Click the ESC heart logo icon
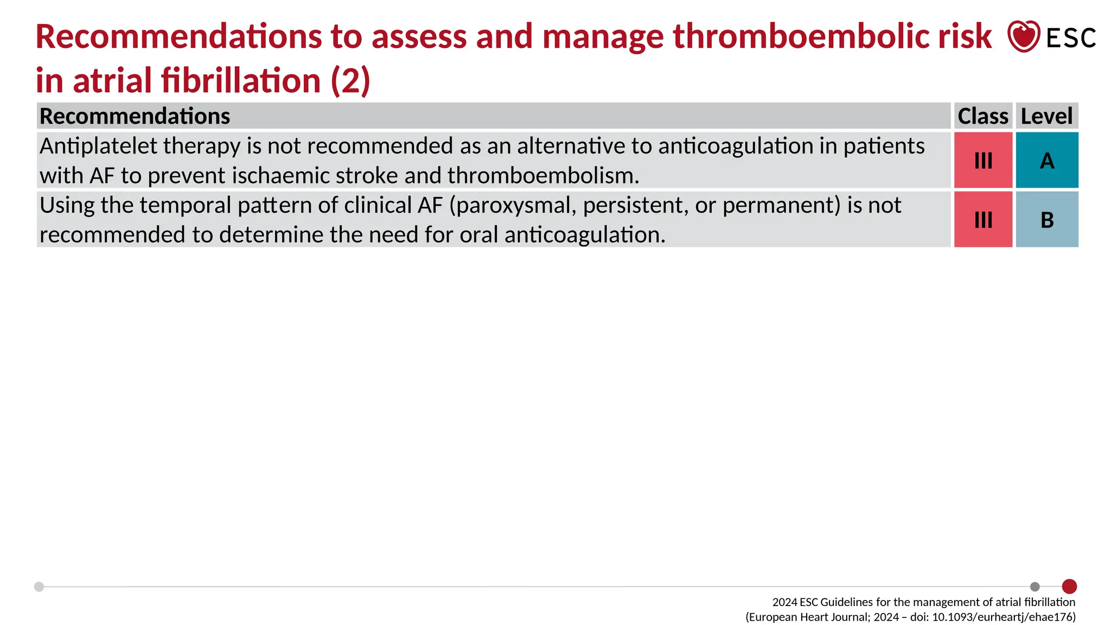[x=1023, y=36]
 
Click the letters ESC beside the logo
[x=1071, y=38]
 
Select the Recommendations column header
[x=135, y=116]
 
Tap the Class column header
[x=982, y=116]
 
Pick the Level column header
[x=1046, y=116]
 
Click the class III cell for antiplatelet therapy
[x=983, y=161]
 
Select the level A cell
[x=1047, y=161]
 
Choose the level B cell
[x=1047, y=220]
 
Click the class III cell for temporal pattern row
[x=983, y=220]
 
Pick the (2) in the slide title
[x=350, y=81]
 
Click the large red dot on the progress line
[x=1069, y=586]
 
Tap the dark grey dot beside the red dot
[x=1035, y=586]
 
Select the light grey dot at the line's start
[x=39, y=586]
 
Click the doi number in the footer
[x=1003, y=617]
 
